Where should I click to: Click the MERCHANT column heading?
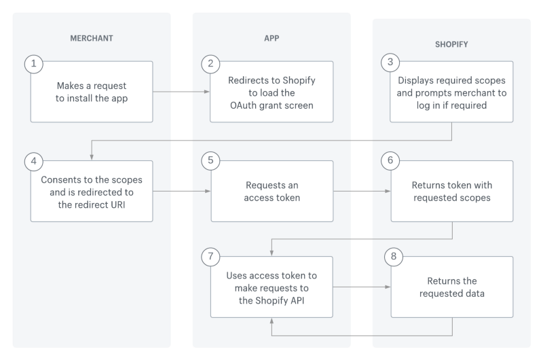click(x=92, y=39)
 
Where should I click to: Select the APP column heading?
click(x=271, y=39)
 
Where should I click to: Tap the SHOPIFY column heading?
click(x=452, y=44)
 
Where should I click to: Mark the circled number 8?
click(x=393, y=257)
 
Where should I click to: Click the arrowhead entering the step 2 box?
click(x=208, y=92)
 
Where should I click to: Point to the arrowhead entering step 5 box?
click(x=208, y=192)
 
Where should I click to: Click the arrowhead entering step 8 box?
click(x=388, y=287)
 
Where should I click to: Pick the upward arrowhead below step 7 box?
click(x=272, y=321)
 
